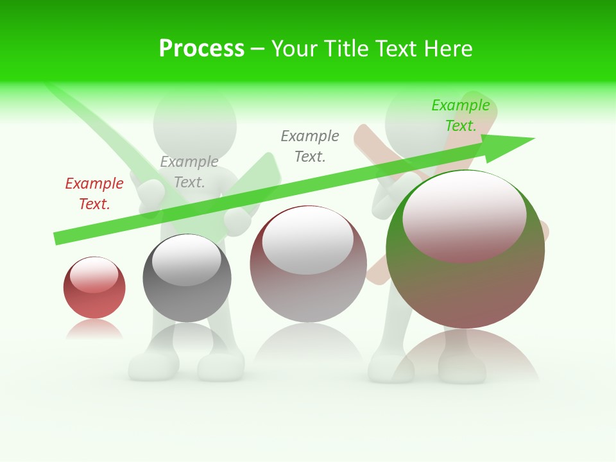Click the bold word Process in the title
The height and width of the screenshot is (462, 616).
[201, 49]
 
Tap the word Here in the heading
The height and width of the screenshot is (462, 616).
[448, 49]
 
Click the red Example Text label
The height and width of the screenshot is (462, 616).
[94, 194]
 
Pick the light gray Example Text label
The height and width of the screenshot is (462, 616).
[189, 172]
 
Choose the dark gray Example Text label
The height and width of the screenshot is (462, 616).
[310, 146]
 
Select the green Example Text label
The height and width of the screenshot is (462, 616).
[461, 116]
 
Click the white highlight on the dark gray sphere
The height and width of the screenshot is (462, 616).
[186, 260]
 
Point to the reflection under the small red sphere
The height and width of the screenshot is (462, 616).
[94, 330]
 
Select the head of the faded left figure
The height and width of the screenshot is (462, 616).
[195, 122]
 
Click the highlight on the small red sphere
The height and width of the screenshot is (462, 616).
[94, 275]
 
